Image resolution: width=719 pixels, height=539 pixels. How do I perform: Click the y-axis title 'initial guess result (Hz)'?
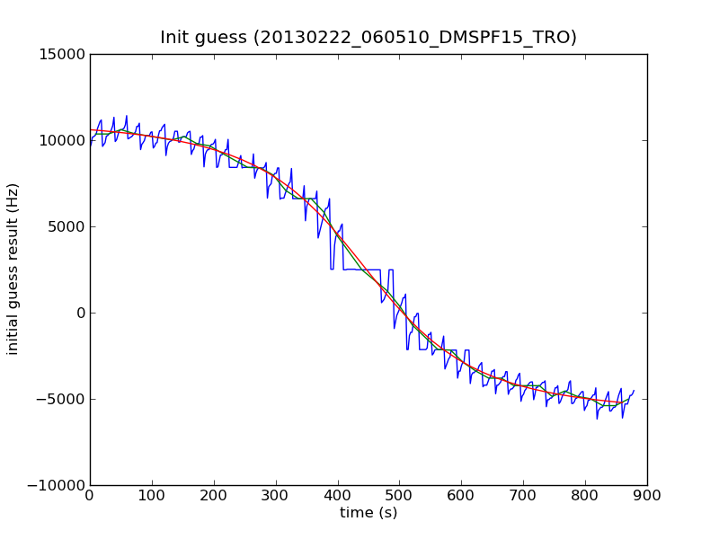13,269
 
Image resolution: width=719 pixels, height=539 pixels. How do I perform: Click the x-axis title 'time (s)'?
368,513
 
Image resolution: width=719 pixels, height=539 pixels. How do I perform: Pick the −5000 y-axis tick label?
61,400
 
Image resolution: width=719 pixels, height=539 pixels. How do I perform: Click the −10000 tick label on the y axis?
58,486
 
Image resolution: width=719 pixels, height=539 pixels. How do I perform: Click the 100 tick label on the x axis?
152,495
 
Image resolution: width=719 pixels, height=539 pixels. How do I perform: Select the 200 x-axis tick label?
214,495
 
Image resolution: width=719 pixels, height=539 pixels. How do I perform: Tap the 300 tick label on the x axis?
276,495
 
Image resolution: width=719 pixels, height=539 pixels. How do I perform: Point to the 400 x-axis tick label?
338,495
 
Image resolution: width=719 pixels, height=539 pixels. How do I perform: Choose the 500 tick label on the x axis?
400,495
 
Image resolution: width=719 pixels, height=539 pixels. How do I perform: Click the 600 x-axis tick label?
462,495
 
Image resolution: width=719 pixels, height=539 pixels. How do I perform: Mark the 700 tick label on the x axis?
523,495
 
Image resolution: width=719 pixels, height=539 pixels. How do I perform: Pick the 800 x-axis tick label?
585,495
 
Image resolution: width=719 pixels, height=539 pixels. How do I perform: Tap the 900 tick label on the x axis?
647,495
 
